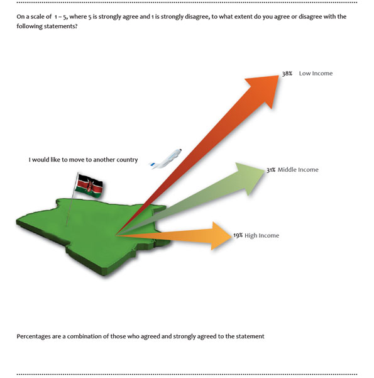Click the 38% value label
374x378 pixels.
coord(287,74)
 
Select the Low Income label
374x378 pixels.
coord(316,74)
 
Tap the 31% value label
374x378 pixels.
coord(271,170)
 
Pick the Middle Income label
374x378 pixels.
coord(298,170)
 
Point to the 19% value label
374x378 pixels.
coord(238,235)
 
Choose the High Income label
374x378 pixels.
coord(261,235)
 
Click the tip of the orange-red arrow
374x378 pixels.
coord(278,75)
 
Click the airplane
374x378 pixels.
coord(166,159)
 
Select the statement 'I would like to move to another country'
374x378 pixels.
coord(83,160)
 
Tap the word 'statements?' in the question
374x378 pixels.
coord(62,26)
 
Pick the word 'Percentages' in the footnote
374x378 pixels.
coord(33,336)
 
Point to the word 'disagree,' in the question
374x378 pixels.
coord(196,17)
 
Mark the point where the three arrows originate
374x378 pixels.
coord(116,235)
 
